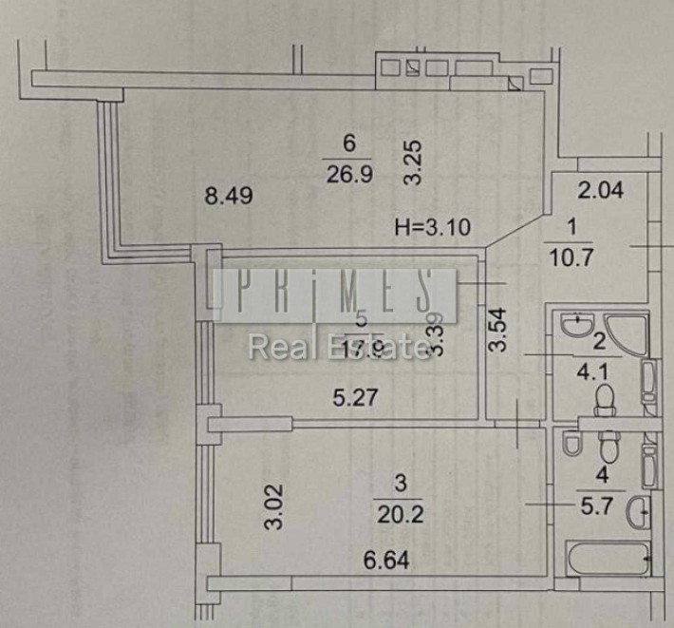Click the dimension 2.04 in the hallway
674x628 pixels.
601,190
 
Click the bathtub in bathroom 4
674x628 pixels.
607,558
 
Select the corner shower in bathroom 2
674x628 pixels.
625,333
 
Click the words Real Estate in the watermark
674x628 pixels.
339,347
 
